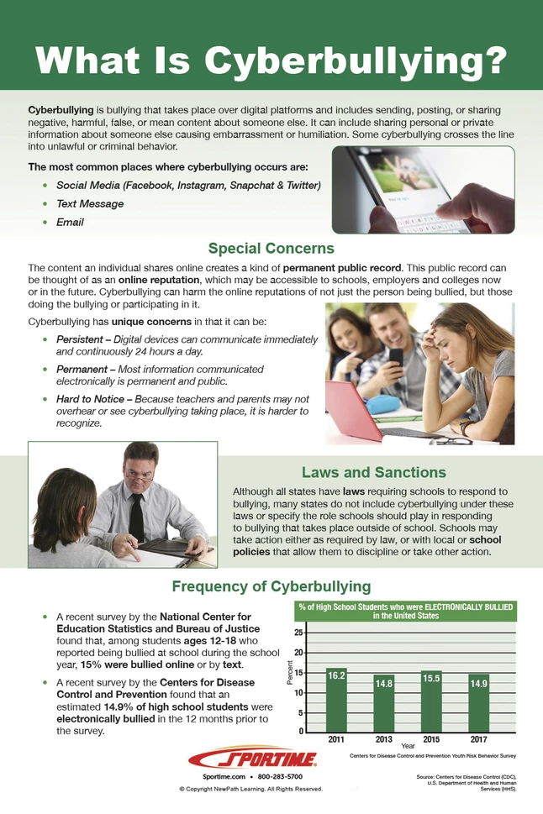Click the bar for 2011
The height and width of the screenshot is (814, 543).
(336, 701)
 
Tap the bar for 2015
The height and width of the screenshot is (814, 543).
(431, 701)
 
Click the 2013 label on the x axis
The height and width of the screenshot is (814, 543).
(384, 738)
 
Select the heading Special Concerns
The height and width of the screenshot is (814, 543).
(271, 248)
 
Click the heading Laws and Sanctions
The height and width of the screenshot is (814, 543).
(373, 472)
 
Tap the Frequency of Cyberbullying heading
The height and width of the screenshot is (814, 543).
(271, 586)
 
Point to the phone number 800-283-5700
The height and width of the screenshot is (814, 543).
(287, 778)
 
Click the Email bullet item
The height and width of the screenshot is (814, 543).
(70, 223)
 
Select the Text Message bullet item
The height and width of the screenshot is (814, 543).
(90, 203)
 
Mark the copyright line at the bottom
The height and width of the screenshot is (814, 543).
(250, 790)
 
